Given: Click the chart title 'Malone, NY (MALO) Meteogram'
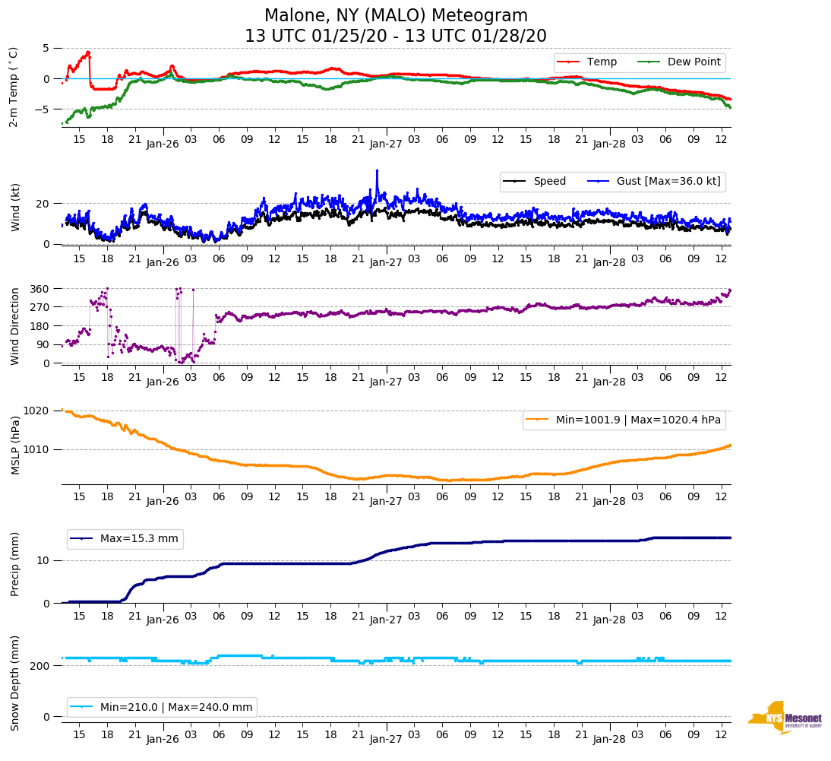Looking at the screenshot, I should (396, 16).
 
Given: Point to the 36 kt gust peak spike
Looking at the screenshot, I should (377, 171).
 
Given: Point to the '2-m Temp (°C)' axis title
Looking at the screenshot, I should (13, 86).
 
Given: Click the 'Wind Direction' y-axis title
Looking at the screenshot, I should (14, 326).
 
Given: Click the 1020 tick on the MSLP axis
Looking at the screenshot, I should (38, 411).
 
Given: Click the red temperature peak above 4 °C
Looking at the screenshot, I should (89, 52).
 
